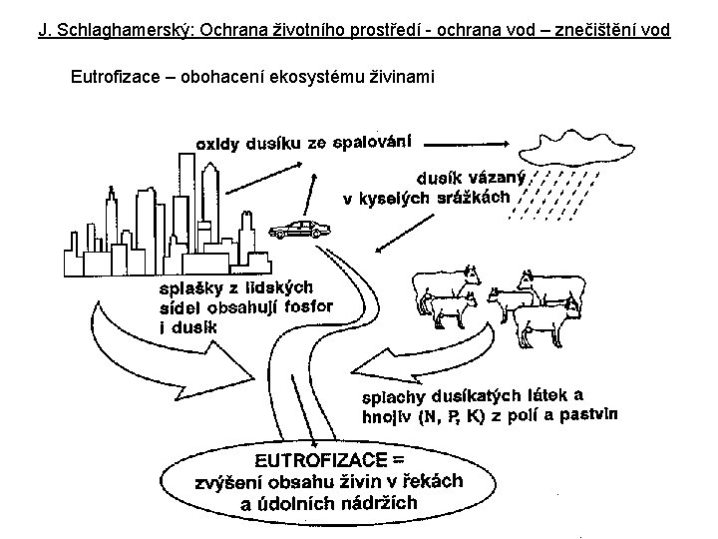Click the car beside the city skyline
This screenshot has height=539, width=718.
[300, 230]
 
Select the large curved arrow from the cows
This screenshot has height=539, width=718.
[419, 354]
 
